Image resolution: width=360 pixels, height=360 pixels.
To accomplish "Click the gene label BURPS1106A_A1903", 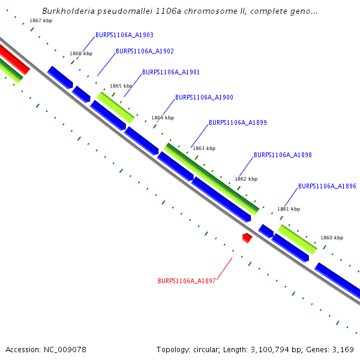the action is click(x=124, y=35).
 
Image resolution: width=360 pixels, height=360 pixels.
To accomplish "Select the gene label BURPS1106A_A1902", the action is click(x=145, y=52).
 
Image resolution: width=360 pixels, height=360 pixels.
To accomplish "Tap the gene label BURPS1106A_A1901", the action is click(x=171, y=72).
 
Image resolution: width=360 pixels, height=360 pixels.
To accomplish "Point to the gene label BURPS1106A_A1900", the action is click(x=204, y=97).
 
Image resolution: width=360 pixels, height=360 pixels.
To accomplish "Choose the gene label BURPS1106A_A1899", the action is click(x=238, y=122).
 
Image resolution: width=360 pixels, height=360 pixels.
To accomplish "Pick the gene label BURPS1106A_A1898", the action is click(x=283, y=155).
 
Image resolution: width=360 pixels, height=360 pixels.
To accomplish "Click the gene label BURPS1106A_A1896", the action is click(x=327, y=186).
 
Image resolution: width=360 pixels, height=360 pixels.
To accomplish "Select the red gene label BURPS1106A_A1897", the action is click(x=187, y=281).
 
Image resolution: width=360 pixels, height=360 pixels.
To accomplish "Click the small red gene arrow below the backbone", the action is click(x=247, y=238).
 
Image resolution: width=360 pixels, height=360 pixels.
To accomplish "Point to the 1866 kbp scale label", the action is click(x=81, y=54).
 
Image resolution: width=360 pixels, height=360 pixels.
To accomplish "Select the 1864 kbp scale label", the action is click(x=163, y=118).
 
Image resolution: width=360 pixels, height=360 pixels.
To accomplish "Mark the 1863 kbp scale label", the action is click(x=204, y=148).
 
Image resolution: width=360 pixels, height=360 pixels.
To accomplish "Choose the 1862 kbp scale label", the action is click(x=246, y=179).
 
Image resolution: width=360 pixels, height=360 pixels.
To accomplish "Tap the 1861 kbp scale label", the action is click(x=289, y=209).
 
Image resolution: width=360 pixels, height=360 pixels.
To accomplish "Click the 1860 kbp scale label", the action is click(x=332, y=238).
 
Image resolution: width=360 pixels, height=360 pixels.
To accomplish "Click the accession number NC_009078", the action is click(x=64, y=349).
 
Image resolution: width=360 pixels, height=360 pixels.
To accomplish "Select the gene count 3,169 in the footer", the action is click(x=343, y=349).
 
